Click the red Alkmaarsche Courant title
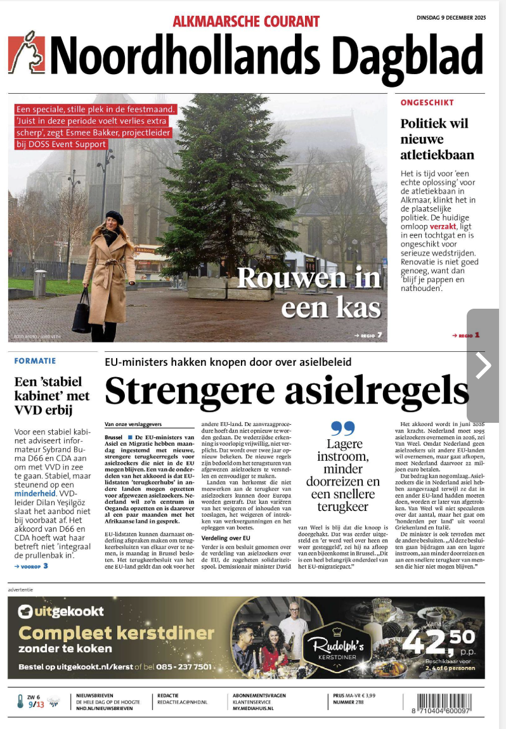246,21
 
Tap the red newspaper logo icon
26,53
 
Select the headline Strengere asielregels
287,391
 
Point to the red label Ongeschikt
418,102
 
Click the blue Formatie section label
35,361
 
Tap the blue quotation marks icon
343,429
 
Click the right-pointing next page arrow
483,365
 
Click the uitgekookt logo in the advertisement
62,612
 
